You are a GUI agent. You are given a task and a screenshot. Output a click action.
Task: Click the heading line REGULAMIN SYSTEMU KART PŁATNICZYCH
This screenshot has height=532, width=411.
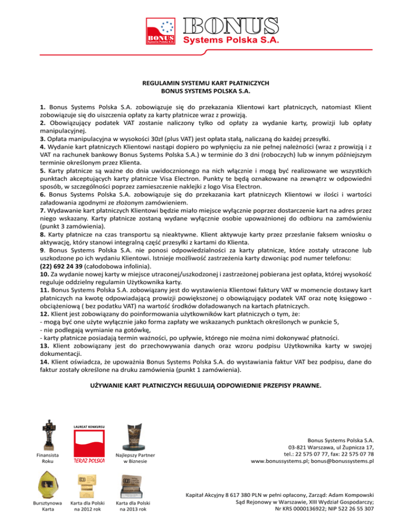pos(205,84)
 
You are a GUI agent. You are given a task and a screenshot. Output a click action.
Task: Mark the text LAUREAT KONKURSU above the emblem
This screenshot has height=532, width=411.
pos(88,427)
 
